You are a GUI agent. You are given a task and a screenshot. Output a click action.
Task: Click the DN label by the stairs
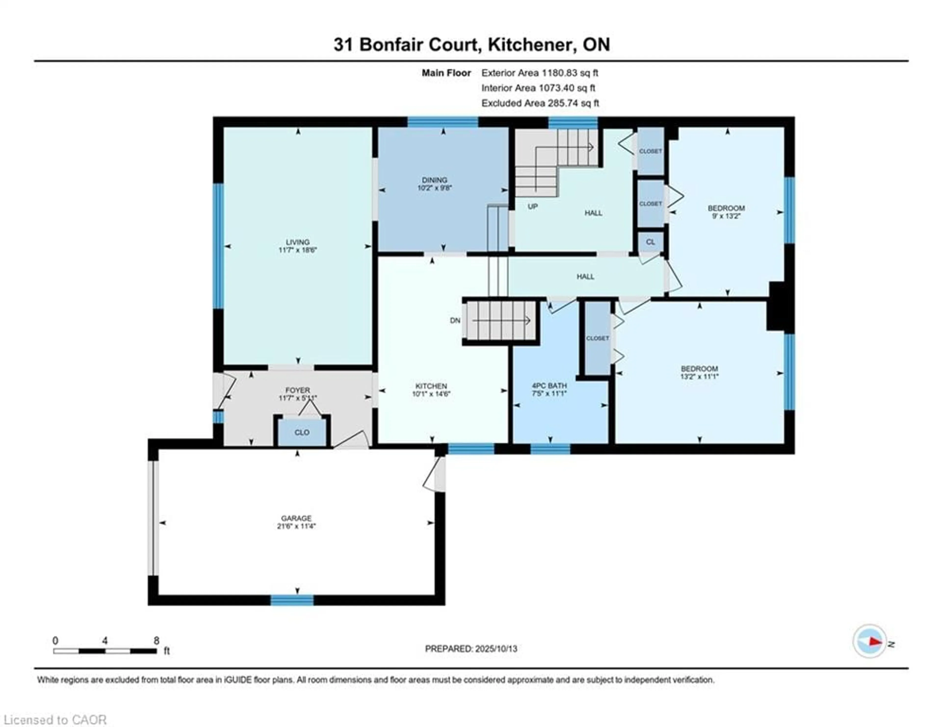tap(455, 320)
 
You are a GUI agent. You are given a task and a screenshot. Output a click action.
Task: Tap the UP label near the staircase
tap(532, 207)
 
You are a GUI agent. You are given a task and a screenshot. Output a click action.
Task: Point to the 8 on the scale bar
tap(156, 641)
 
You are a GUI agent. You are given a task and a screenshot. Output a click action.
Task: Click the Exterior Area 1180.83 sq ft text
tap(540, 73)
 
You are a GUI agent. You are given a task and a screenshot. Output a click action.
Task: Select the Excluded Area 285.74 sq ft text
tap(540, 103)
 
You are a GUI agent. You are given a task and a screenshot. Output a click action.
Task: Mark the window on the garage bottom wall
tap(292, 600)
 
